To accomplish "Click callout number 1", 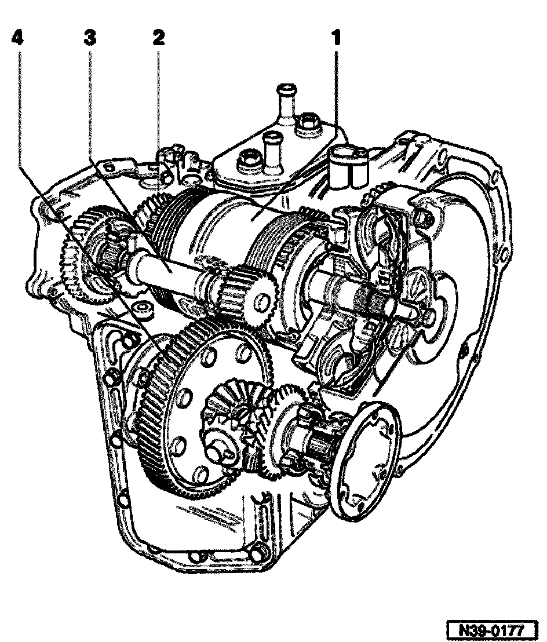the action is click(336, 38).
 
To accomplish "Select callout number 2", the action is click(158, 38).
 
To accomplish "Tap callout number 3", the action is click(90, 38).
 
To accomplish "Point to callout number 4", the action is click(18, 38).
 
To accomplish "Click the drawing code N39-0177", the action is click(491, 629).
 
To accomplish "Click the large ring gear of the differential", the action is click(164, 406).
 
